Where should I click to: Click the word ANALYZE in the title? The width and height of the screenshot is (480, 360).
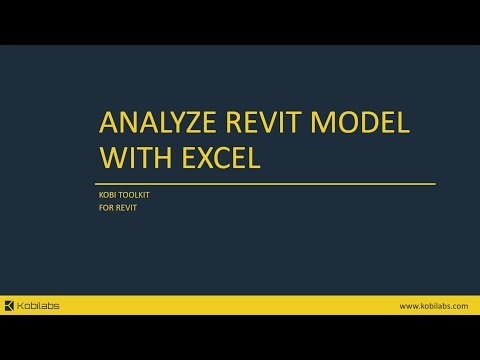pyautogui.click(x=160, y=125)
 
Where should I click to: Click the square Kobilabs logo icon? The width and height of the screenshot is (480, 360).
pyautogui.click(x=10, y=305)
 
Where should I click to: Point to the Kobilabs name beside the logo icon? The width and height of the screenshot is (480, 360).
pyautogui.click(x=39, y=305)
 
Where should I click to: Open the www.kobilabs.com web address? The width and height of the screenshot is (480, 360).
pyautogui.click(x=433, y=305)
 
